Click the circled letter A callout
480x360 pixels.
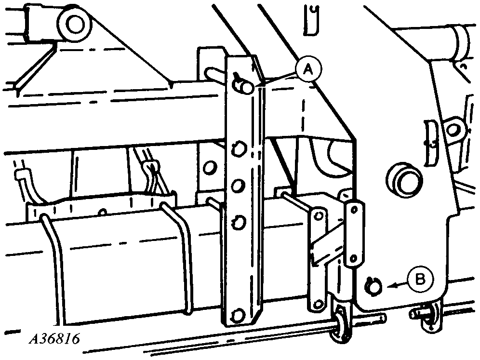[308, 69]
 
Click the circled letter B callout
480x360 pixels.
[420, 279]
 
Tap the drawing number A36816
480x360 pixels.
[55, 339]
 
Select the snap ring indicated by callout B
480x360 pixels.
[373, 286]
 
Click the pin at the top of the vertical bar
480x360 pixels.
[244, 84]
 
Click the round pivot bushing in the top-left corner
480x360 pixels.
[74, 24]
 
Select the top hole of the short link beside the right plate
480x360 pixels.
[355, 210]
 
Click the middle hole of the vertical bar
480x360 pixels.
[238, 185]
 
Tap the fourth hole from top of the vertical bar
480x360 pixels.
[239, 221]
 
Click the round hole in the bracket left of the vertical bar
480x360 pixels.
[210, 168]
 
